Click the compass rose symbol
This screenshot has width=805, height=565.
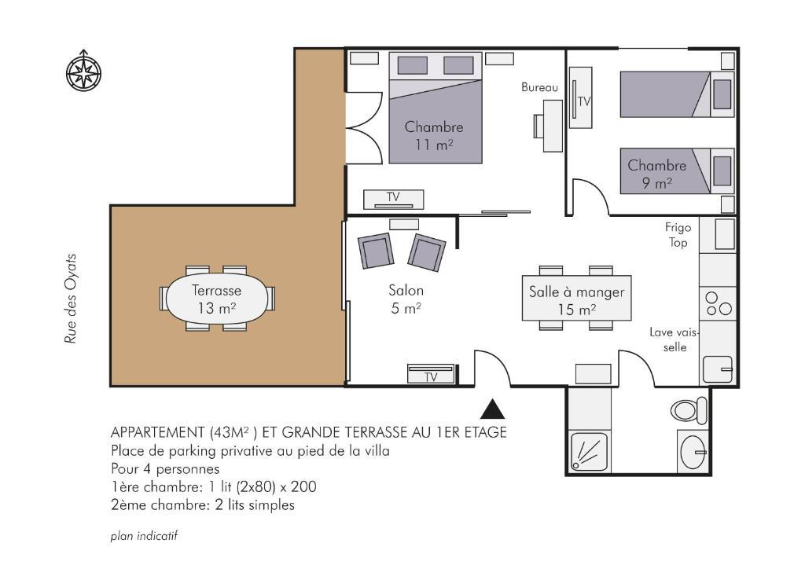tap(83, 71)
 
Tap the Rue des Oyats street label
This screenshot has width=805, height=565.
tap(70, 299)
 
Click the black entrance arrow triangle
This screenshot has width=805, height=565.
tap(492, 409)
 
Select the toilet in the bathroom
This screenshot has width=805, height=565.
tap(689, 410)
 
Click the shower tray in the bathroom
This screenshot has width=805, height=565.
tap(590, 452)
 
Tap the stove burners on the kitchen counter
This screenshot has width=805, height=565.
tap(718, 304)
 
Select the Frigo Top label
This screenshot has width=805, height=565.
tap(678, 234)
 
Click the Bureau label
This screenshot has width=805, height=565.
tap(539, 87)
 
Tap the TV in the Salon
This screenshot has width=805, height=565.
tap(431, 373)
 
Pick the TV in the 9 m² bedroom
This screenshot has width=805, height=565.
tap(580, 97)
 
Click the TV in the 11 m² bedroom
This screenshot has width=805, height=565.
tap(394, 199)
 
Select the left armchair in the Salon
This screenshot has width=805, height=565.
tap(376, 251)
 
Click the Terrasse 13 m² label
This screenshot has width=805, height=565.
tap(216, 299)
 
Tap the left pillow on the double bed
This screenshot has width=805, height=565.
tap(412, 65)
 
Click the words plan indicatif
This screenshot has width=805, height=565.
tap(144, 536)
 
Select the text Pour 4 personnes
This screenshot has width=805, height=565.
tap(165, 468)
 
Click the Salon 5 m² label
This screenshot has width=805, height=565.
tap(406, 299)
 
